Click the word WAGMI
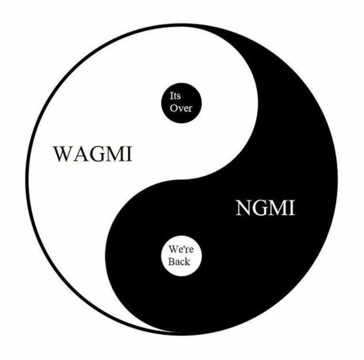point(93,154)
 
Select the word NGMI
point(265,208)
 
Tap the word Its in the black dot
point(175,96)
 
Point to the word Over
point(181,108)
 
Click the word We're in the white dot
point(181,249)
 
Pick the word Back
point(179,262)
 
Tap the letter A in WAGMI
point(81,154)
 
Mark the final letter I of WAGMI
point(130,154)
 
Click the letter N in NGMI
point(244,208)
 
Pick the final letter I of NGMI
point(292,208)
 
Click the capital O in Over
point(173,108)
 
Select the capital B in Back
point(171,262)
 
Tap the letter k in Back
point(187,262)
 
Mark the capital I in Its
point(171,96)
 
